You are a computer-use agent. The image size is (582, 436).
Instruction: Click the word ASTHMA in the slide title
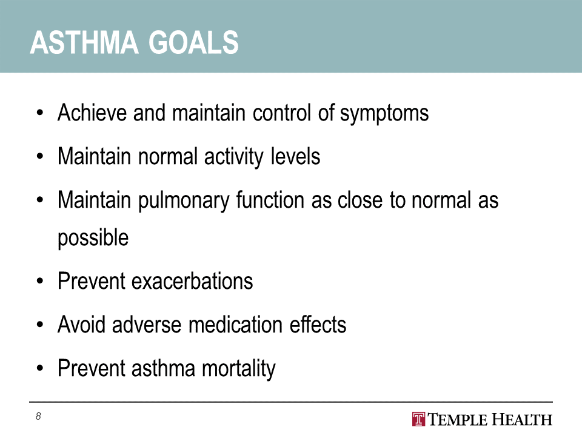click(84, 42)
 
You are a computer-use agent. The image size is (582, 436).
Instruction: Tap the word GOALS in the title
click(193, 42)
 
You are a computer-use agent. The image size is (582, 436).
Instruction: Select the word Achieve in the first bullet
click(92, 113)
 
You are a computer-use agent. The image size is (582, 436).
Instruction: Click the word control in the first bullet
click(282, 113)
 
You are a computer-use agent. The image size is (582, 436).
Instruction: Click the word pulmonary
click(184, 201)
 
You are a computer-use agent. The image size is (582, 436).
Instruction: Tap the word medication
click(235, 325)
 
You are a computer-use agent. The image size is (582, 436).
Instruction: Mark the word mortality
click(239, 369)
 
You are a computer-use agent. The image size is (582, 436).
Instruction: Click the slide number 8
click(38, 417)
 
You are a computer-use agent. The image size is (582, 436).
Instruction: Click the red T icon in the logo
click(419, 419)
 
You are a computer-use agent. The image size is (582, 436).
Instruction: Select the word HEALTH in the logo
click(521, 420)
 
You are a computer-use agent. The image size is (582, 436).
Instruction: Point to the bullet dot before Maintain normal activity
click(40, 157)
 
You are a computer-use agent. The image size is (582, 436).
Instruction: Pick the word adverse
click(147, 325)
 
